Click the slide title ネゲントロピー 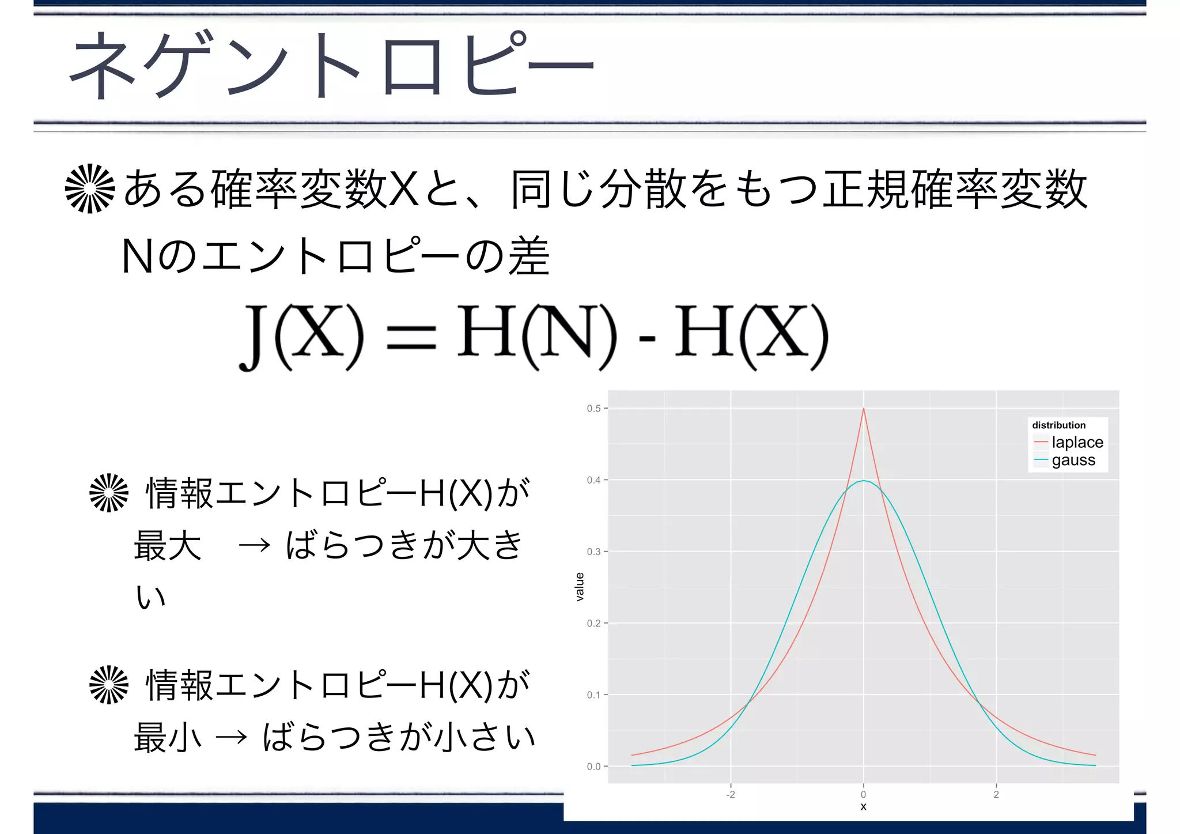click(x=331, y=65)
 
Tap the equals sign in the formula click(x=411, y=338)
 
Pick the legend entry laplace click(x=1077, y=442)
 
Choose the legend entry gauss click(x=1073, y=460)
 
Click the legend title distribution click(x=1058, y=425)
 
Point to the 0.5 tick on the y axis click(x=593, y=408)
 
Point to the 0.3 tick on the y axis click(x=593, y=552)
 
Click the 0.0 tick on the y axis click(x=593, y=767)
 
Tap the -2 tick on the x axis click(x=730, y=794)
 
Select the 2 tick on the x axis click(x=996, y=794)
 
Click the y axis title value click(x=580, y=587)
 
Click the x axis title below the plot click(x=863, y=807)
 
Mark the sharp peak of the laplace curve click(x=863, y=409)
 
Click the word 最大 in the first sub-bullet click(x=167, y=545)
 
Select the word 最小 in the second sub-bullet click(x=167, y=737)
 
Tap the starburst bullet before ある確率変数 click(x=90, y=188)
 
